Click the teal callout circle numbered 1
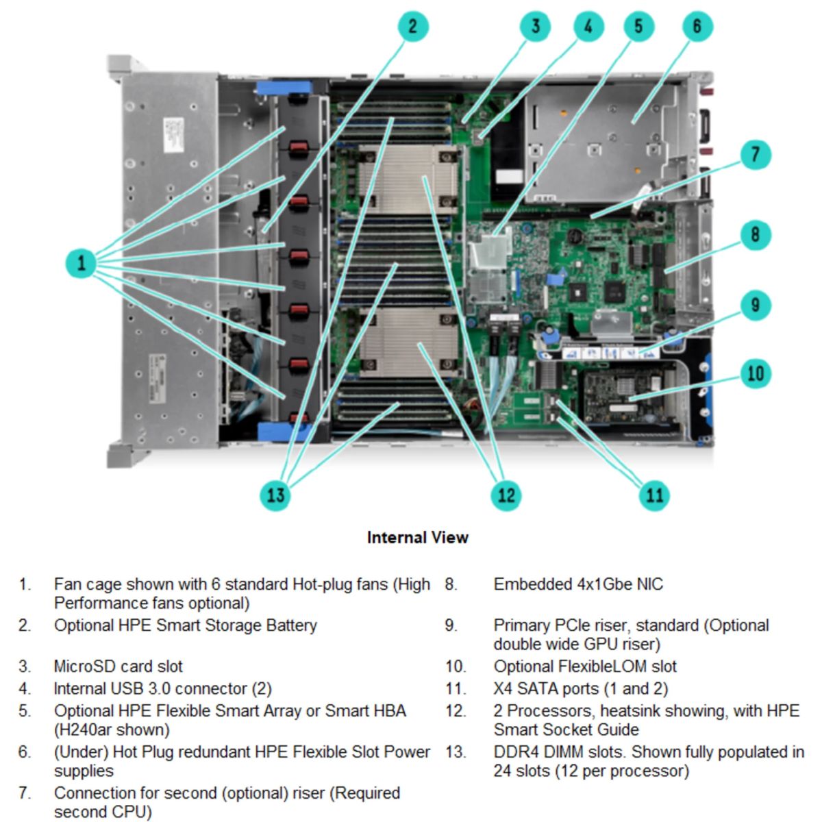(82, 263)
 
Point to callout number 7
(755, 154)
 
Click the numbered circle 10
(755, 373)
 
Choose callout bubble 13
(275, 495)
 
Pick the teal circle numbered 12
(506, 495)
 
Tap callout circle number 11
(654, 495)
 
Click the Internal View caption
(417, 538)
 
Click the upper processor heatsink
(408, 179)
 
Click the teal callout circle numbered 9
(755, 305)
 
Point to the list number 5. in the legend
(25, 711)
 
